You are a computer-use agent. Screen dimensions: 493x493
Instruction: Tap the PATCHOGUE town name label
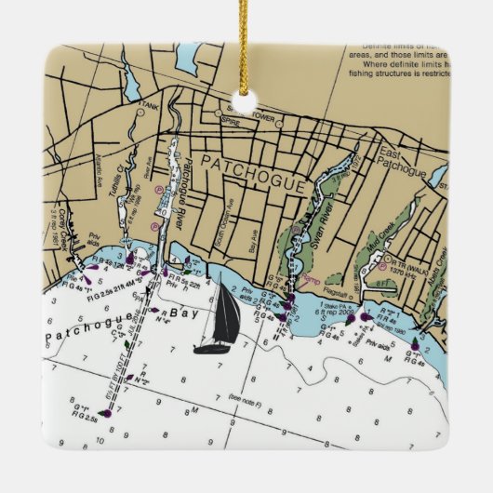(x=252, y=176)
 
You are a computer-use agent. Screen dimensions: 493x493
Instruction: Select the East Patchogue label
(x=401, y=163)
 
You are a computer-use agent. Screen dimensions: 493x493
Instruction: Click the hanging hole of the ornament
(x=247, y=100)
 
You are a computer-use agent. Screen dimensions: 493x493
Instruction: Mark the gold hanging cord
(x=247, y=42)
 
